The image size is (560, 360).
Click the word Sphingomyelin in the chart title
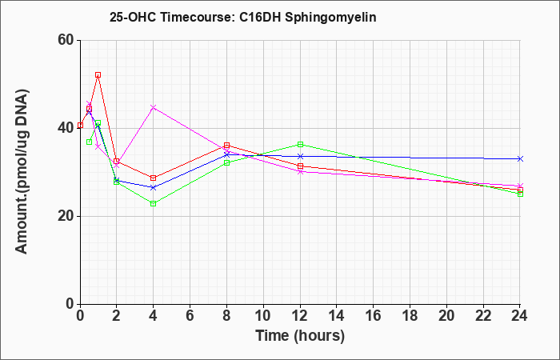pyautogui.click(x=330, y=18)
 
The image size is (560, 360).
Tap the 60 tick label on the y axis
pyautogui.click(x=66, y=40)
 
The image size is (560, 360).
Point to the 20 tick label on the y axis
pyautogui.click(x=66, y=216)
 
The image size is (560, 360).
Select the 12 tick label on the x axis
pyautogui.click(x=300, y=316)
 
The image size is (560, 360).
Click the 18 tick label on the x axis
pyautogui.click(x=410, y=316)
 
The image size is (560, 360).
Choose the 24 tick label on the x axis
pyautogui.click(x=520, y=316)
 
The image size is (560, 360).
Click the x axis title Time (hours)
pyautogui.click(x=300, y=336)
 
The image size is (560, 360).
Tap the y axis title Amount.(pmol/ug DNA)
pyautogui.click(x=22, y=172)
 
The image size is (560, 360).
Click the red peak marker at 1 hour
pyautogui.click(x=98, y=75)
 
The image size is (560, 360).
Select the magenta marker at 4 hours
pyautogui.click(x=154, y=107)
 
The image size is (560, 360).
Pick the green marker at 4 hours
pyautogui.click(x=154, y=203)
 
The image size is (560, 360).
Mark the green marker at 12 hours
pyautogui.click(x=300, y=144)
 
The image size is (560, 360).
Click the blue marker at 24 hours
pyautogui.click(x=520, y=158)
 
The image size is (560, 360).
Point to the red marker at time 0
pyautogui.click(x=80, y=125)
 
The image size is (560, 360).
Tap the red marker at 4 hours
pyautogui.click(x=154, y=178)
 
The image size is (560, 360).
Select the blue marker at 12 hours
pyautogui.click(x=300, y=156)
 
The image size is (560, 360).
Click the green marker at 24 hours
pyautogui.click(x=520, y=194)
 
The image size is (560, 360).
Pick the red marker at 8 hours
pyautogui.click(x=226, y=146)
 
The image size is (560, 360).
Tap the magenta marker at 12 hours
pyautogui.click(x=300, y=172)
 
